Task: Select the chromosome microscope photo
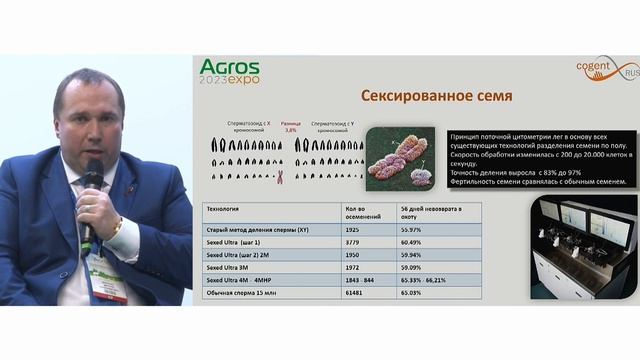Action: [399, 157]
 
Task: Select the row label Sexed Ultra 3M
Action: [227, 268]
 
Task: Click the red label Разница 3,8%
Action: [291, 126]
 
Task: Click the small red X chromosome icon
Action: [280, 179]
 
